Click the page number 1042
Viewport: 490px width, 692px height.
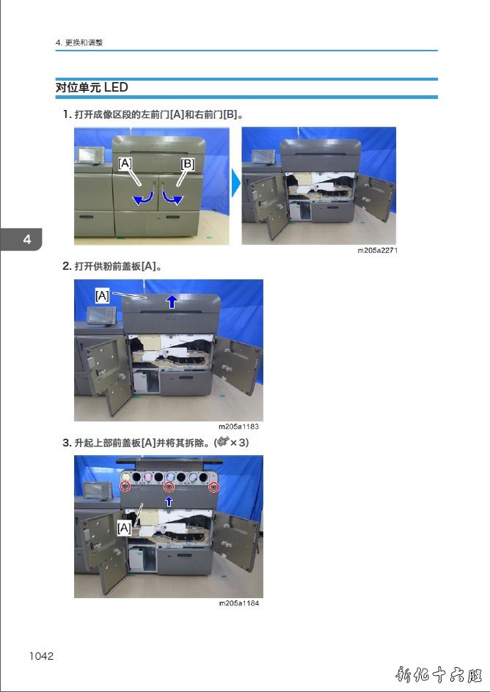point(41,656)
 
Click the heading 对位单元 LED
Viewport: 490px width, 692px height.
point(92,87)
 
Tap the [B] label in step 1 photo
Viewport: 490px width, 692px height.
point(188,163)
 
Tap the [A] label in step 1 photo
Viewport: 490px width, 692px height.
point(125,163)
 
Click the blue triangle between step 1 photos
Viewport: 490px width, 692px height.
point(235,183)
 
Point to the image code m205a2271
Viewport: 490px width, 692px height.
point(378,250)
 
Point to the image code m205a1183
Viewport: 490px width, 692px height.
point(239,427)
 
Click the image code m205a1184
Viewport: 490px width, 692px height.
point(239,603)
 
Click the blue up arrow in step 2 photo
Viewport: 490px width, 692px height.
point(172,302)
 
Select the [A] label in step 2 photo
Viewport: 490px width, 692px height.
point(103,295)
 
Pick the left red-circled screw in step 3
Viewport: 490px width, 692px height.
point(125,486)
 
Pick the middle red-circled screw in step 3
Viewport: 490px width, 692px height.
point(169,487)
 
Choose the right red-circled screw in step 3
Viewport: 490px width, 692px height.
point(214,487)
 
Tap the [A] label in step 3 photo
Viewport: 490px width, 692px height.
point(124,528)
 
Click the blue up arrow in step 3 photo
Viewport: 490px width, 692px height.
point(169,501)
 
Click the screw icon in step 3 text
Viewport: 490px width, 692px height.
point(223,441)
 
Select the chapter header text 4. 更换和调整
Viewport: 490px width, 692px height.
point(79,43)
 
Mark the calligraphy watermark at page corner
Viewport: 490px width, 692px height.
point(439,675)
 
